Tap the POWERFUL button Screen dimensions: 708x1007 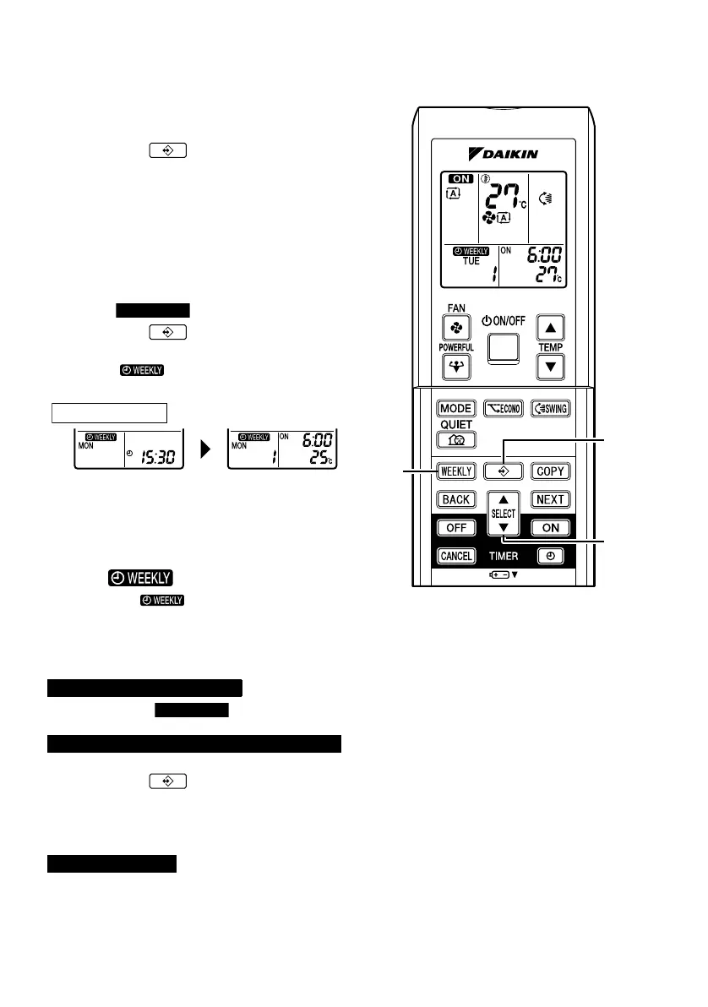(457, 366)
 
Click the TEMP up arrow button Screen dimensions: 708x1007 (551, 327)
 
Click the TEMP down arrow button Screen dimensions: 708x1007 (551, 367)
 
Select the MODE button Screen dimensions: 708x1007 (456, 408)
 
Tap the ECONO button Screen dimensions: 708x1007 (504, 408)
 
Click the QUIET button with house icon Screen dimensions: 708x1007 (456, 439)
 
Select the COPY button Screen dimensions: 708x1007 (550, 471)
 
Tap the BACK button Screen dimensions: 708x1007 (456, 499)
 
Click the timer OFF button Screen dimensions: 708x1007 (456, 528)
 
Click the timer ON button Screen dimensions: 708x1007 (550, 528)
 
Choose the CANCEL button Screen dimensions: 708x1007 (456, 557)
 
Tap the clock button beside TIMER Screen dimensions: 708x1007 (550, 557)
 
